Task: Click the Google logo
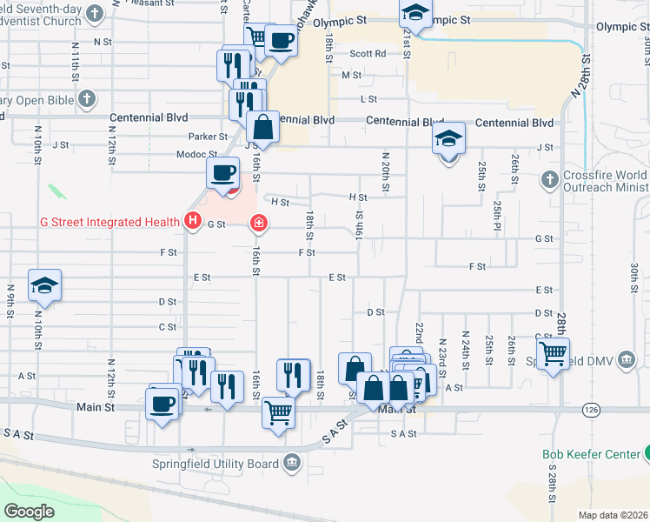pyautogui.click(x=29, y=511)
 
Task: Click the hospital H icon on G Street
pyautogui.click(x=193, y=223)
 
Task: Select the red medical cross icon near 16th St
pyautogui.click(x=258, y=224)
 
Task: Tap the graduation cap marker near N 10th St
pyautogui.click(x=43, y=285)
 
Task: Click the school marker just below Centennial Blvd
pyautogui.click(x=448, y=139)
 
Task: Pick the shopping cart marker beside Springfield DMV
pyautogui.click(x=553, y=354)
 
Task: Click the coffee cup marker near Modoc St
pyautogui.click(x=223, y=172)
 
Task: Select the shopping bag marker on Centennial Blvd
pyautogui.click(x=262, y=128)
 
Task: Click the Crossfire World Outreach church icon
pyautogui.click(x=548, y=180)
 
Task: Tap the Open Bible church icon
pyautogui.click(x=86, y=100)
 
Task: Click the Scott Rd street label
pyautogui.click(x=368, y=53)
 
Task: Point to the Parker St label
pyautogui.click(x=208, y=137)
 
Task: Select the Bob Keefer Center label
pyautogui.click(x=590, y=453)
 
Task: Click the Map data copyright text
pyautogui.click(x=613, y=515)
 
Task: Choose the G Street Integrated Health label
pyautogui.click(x=109, y=223)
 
